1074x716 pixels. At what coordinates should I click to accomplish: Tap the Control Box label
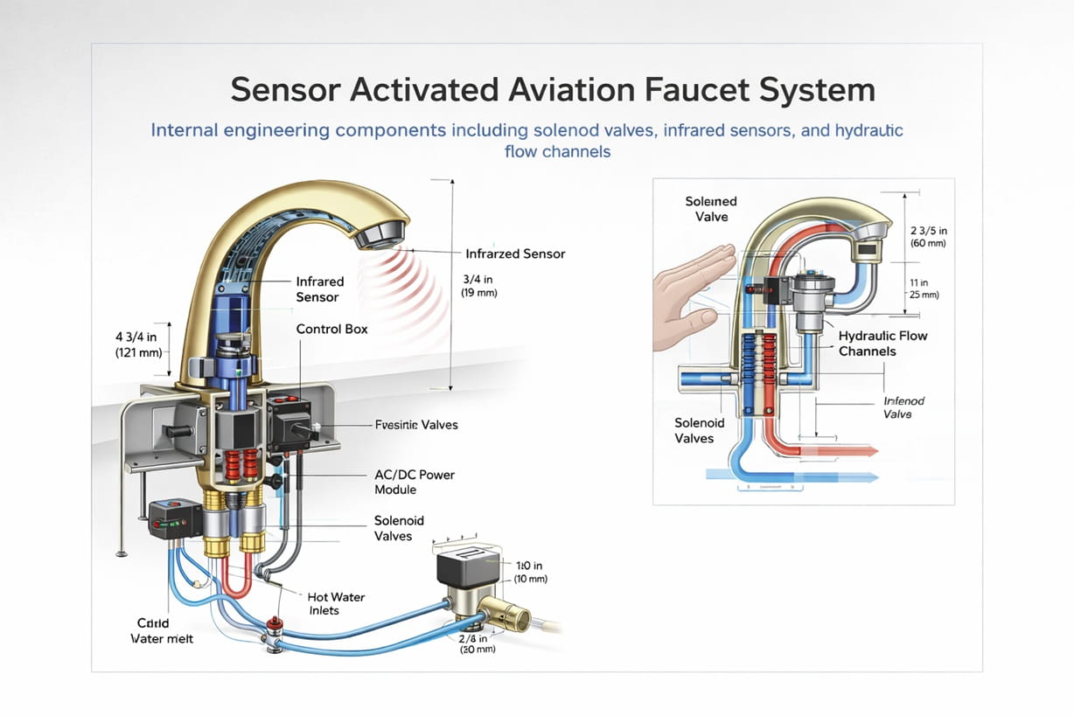[331, 330]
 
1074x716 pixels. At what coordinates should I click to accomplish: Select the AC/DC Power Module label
[414, 482]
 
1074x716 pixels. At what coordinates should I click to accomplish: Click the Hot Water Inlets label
[336, 604]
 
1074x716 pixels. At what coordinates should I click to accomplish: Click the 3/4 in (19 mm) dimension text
[479, 286]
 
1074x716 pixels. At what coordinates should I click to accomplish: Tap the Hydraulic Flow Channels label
[882, 344]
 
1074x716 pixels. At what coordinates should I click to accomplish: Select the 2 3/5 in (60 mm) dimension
[928, 236]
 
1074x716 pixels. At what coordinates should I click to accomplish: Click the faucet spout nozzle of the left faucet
[381, 233]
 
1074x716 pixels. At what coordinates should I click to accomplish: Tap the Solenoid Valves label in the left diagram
[399, 528]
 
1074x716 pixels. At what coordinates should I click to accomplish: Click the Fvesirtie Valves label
[415, 425]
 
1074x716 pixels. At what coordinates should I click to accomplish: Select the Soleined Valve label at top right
[710, 209]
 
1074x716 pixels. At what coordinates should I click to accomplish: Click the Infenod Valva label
[903, 407]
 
